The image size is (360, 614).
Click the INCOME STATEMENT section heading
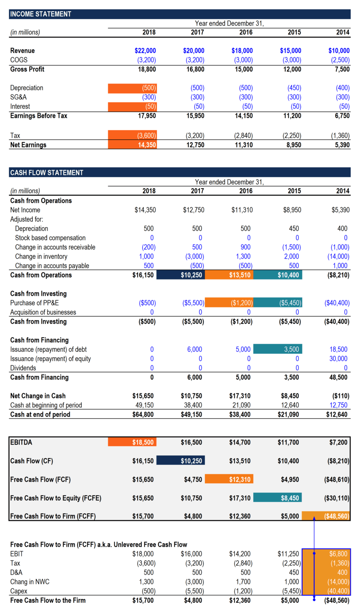tap(40, 14)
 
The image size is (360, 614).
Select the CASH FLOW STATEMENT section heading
tap(46, 173)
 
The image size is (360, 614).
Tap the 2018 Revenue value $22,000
tap(145, 51)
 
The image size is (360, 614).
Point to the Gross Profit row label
tap(27, 69)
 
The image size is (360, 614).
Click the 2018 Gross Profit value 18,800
tap(146, 69)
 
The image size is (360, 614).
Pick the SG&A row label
tap(18, 97)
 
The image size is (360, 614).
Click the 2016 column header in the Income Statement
tap(246, 32)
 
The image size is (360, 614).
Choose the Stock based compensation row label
tap(50, 238)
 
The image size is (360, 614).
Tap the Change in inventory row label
tap(41, 257)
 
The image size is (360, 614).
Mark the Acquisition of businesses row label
tap(43, 312)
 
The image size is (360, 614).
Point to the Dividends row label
tap(23, 368)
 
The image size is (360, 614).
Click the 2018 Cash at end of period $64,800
tap(143, 415)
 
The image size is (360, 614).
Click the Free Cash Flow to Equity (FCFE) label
tap(56, 498)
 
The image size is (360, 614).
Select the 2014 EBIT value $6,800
tap(338, 554)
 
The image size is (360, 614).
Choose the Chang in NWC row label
tap(30, 582)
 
